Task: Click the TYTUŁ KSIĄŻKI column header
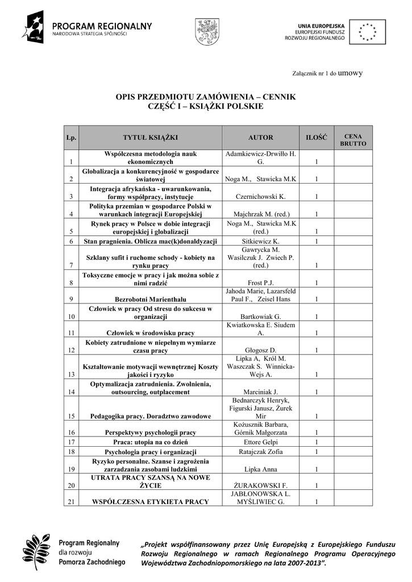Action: coord(151,138)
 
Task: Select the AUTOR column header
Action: coord(261,138)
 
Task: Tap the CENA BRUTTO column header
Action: coord(353,140)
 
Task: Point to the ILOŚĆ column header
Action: coord(317,138)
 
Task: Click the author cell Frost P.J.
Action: coord(261,282)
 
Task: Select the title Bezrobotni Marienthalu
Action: coord(151,299)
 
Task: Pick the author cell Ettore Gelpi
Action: coord(261,441)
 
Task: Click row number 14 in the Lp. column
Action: coord(71,392)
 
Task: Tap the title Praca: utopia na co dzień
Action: coord(151,441)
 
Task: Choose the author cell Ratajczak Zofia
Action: coord(261,452)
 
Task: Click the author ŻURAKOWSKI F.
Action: coord(261,485)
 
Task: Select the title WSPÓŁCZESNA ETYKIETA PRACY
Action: coord(151,501)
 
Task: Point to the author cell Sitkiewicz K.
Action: coord(261,242)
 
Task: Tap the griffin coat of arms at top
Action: coord(204,31)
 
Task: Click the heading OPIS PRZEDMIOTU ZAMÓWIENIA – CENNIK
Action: coord(206,97)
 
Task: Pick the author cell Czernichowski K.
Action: coord(261,197)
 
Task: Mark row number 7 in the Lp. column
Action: coord(71,265)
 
